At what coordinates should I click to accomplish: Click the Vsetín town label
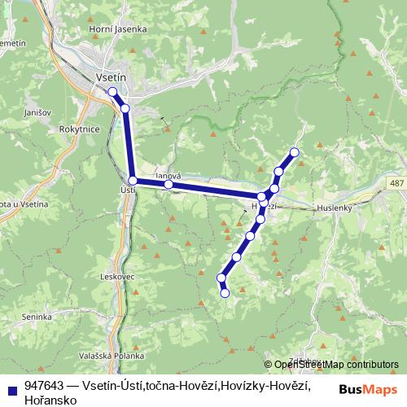point(109,76)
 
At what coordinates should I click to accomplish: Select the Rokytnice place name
point(79,129)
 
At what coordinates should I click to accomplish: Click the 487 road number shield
point(396,185)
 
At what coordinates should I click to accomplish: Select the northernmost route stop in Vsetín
point(112,92)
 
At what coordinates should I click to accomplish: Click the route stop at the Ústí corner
point(133,180)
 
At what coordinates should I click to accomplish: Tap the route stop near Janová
point(168,185)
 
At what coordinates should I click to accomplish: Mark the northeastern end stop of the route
point(295,152)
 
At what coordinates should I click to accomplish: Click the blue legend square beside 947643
point(12,386)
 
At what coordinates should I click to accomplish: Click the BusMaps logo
point(367,390)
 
